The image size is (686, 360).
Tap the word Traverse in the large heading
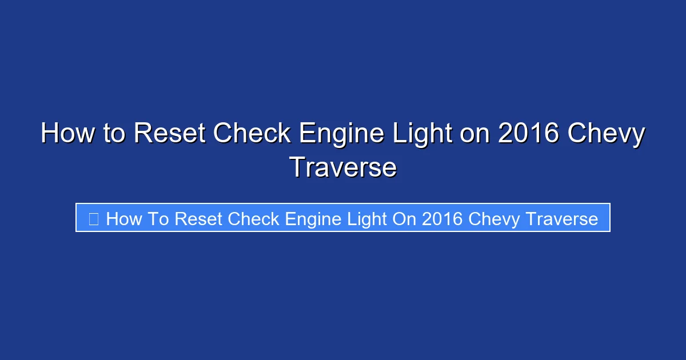pos(343,167)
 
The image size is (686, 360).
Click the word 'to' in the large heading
pos(114,134)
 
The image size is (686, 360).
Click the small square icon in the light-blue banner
pos(94,218)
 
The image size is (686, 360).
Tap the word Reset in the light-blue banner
pos(200,218)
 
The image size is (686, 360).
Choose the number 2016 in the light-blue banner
pos(441,218)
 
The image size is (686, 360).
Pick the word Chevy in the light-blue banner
pos(494,219)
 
